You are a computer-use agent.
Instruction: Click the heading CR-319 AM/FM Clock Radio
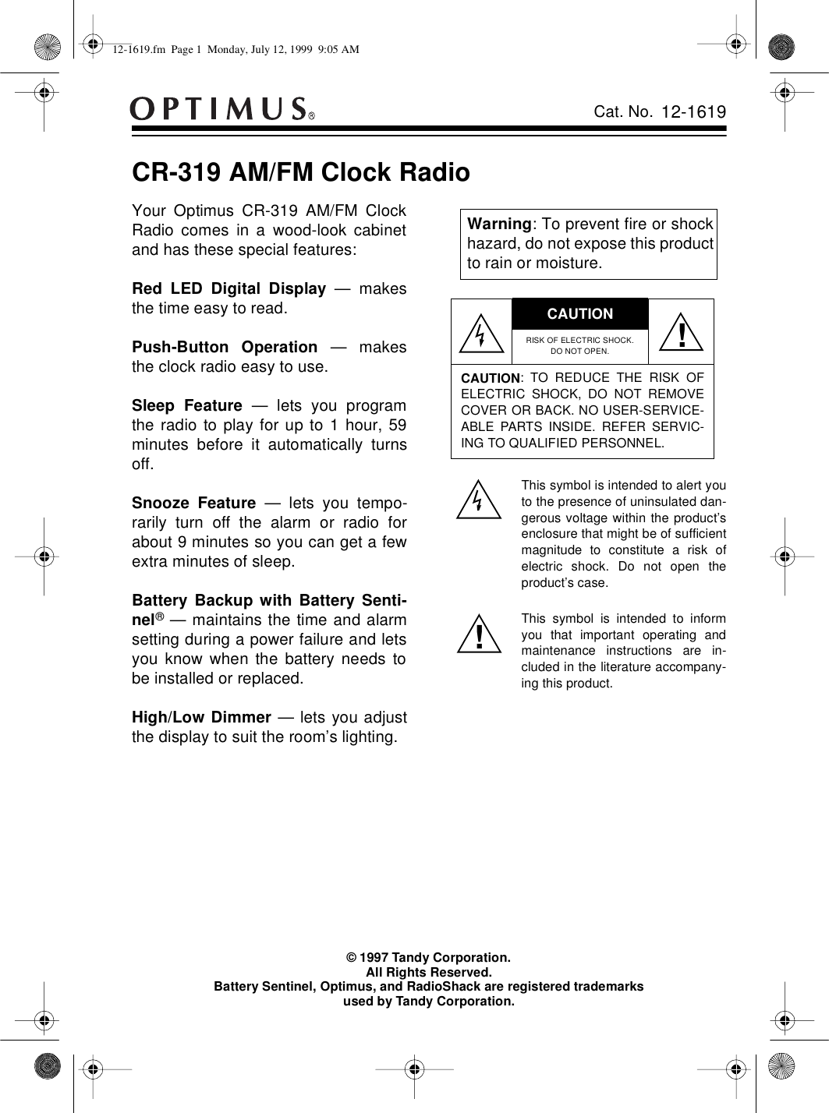tap(301, 172)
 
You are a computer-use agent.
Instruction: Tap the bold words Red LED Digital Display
tap(229, 289)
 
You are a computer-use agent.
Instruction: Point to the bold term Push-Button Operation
tap(225, 347)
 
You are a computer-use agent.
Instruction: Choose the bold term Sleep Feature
tap(187, 406)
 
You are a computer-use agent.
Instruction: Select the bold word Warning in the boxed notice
tap(499, 224)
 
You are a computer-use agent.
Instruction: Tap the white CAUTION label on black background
tap(580, 314)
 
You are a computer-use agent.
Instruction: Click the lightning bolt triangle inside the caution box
tap(481, 331)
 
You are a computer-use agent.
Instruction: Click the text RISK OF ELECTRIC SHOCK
tap(580, 340)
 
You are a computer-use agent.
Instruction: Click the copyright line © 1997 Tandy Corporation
tap(429, 956)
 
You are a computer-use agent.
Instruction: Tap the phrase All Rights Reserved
tap(429, 972)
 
